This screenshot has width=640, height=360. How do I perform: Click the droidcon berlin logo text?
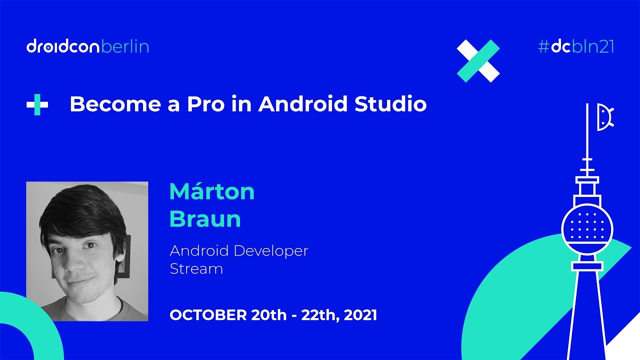[x=87, y=47]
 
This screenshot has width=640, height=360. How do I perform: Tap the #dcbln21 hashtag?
[x=575, y=47]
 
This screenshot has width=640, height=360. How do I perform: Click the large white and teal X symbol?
[x=478, y=60]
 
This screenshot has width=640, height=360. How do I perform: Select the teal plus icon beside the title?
[x=37, y=105]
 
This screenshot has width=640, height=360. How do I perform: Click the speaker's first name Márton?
[x=212, y=191]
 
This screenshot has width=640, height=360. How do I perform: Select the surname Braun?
[x=205, y=219]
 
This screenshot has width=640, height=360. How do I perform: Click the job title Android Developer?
[x=239, y=250]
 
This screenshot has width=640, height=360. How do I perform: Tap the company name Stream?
[x=196, y=268]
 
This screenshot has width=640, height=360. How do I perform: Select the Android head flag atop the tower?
[x=605, y=117]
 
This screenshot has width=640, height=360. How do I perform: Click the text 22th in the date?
[x=319, y=315]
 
